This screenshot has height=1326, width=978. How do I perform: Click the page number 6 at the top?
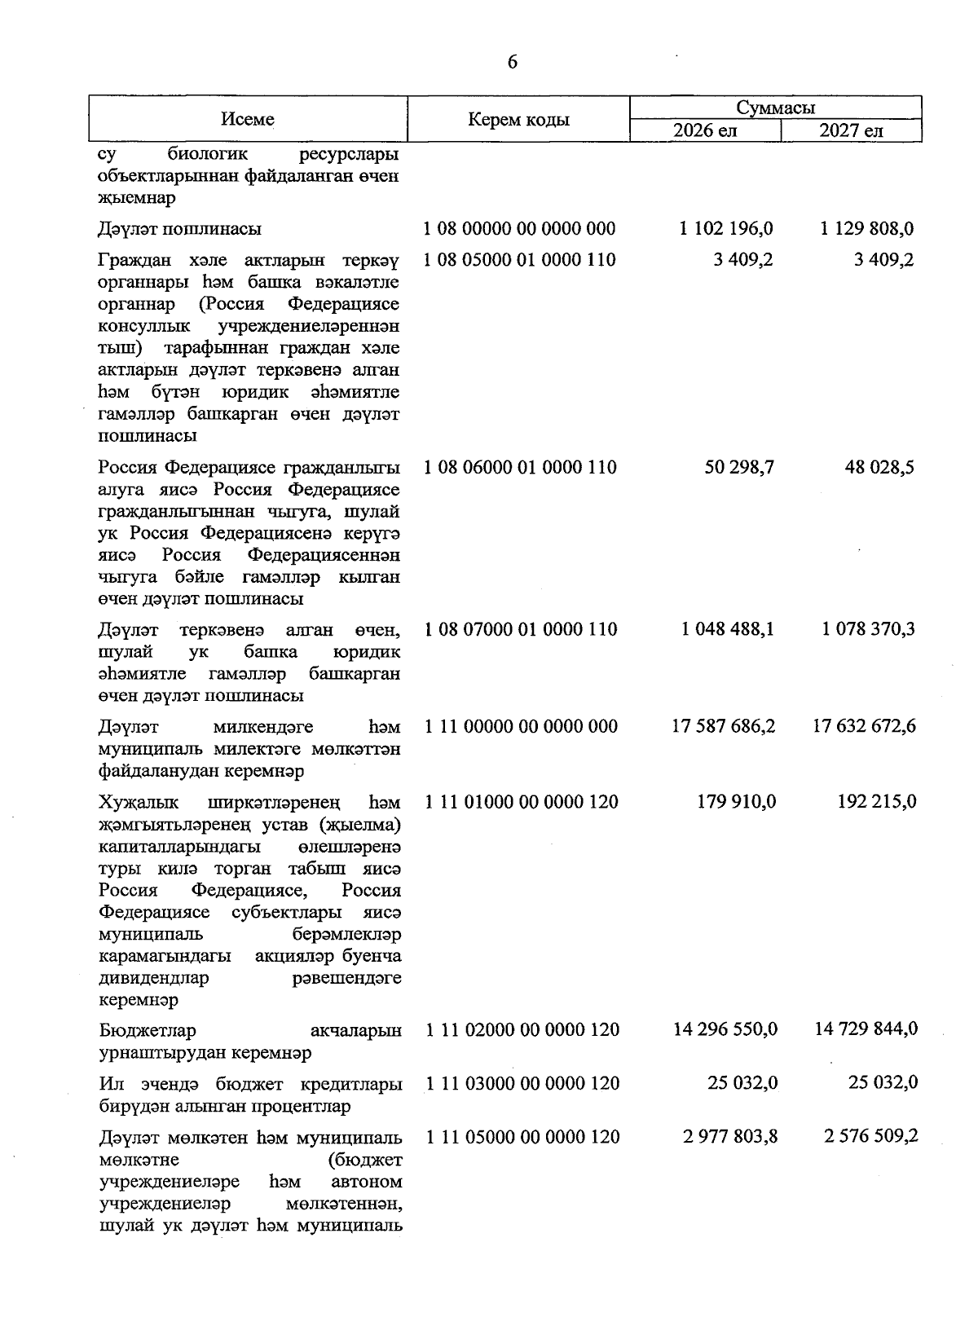512,64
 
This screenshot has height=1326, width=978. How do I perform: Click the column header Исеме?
247,120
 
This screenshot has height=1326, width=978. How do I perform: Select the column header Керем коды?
518,121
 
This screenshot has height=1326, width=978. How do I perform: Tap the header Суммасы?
775,108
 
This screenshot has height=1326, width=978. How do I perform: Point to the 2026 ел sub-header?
705,131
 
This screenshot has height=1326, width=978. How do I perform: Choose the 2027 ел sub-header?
851,131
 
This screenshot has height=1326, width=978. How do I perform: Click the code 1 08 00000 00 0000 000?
520,229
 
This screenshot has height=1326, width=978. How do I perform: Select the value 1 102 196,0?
726,229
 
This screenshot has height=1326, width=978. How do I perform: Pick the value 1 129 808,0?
867,229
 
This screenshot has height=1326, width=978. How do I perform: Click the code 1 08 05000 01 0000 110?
520,260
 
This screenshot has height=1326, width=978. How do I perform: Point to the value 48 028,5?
880,468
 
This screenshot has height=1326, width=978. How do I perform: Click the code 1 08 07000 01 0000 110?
520,629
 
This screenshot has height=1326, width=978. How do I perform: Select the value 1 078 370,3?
868,629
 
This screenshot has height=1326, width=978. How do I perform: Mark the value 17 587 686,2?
723,726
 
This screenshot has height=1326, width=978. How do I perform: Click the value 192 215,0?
876,802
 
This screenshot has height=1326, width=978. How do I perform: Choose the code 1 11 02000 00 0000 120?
522,1030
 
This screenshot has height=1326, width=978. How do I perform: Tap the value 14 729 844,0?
866,1030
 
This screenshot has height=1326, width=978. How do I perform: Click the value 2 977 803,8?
730,1137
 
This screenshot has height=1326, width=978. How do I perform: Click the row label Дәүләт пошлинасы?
179,229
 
